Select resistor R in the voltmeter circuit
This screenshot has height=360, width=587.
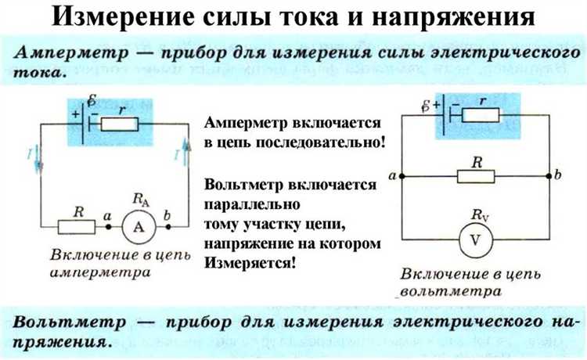pyautogui.click(x=477, y=178)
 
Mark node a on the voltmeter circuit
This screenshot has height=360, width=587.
pyautogui.click(x=401, y=178)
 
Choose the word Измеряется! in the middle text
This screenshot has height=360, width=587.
pyautogui.click(x=250, y=263)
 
